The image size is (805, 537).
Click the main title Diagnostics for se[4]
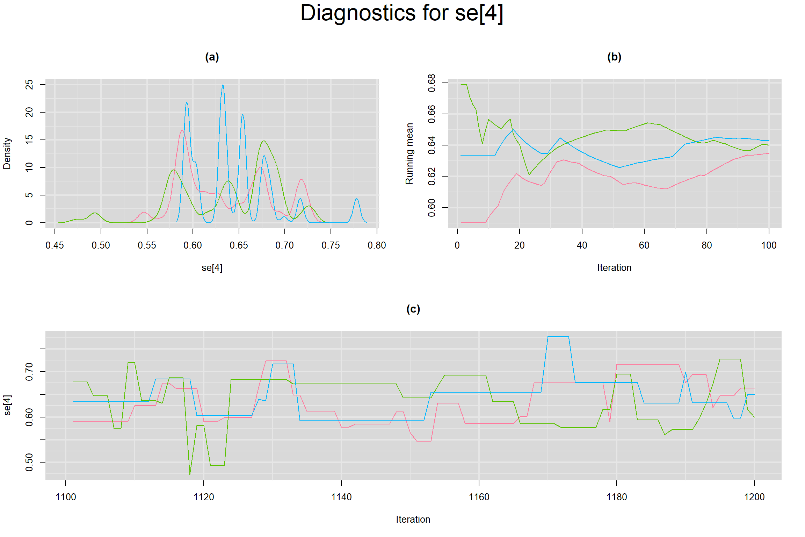click(402, 13)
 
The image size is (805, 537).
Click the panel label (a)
click(212, 57)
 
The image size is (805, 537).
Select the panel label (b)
click(614, 57)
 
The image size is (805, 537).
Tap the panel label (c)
click(413, 309)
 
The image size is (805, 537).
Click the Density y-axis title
click(7, 153)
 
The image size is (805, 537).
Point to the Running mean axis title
click(409, 153)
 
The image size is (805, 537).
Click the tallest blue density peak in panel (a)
click(223, 86)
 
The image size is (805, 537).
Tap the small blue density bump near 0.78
click(357, 199)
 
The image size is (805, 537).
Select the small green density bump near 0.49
click(95, 213)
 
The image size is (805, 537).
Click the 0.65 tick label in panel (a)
click(239, 245)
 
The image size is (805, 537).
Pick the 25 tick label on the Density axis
click(29, 85)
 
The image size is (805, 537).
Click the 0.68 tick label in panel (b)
click(432, 83)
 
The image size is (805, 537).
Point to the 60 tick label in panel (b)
click(644, 245)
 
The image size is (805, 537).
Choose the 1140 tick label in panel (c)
click(341, 497)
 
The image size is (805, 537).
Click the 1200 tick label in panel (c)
click(754, 497)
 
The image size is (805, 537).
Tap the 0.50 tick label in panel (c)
click(29, 462)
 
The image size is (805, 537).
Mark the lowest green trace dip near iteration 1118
click(190, 474)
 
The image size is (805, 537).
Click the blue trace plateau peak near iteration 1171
click(558, 336)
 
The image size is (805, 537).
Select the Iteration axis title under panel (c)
click(413, 520)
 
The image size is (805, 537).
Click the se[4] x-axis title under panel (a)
click(212, 268)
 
